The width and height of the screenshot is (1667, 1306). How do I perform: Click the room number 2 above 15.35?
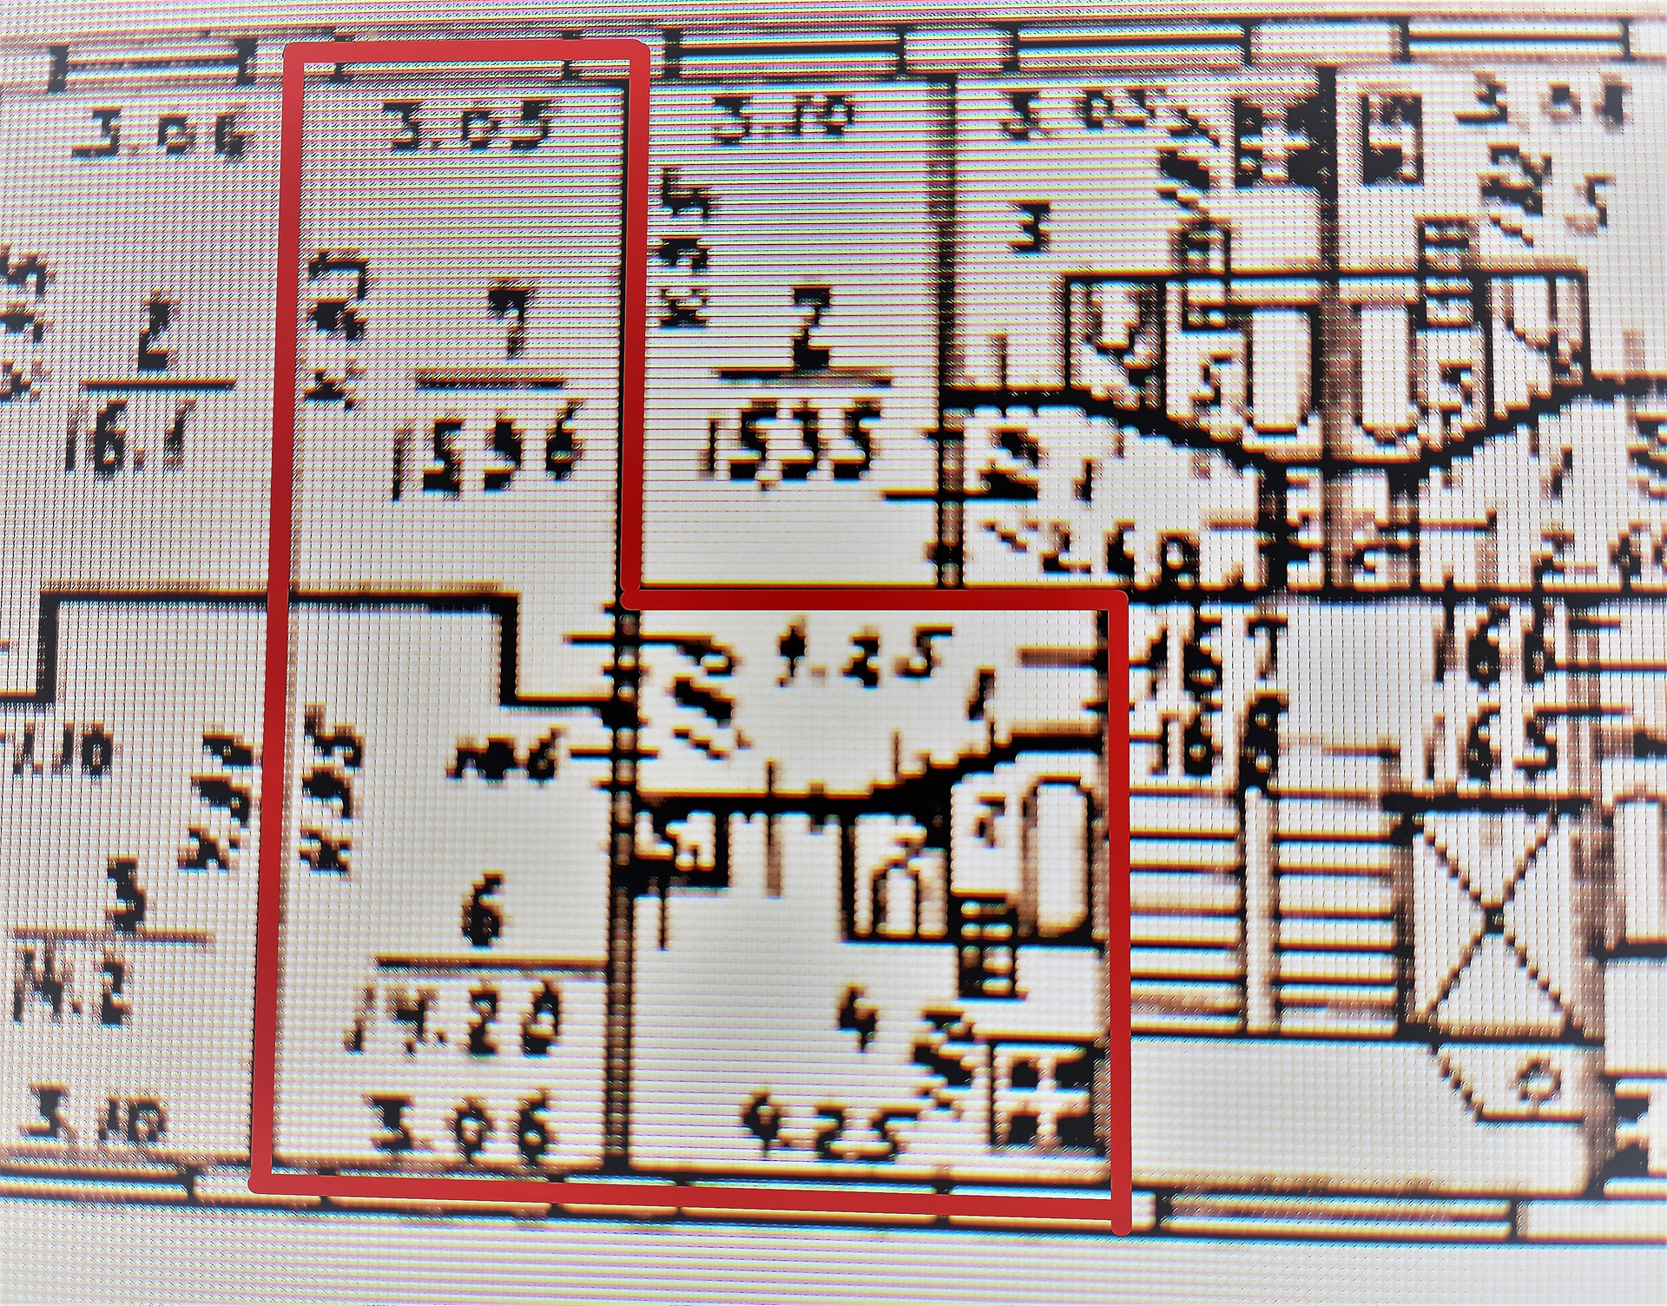[x=809, y=325]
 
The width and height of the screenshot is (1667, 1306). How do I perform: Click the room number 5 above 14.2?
[x=128, y=899]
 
